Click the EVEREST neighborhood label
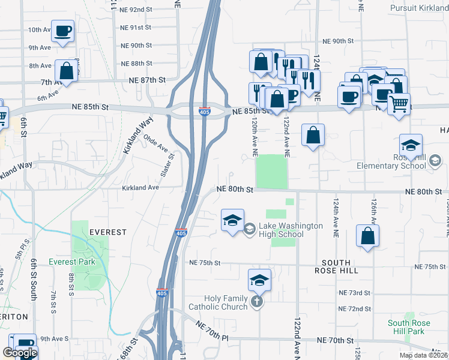[107, 232]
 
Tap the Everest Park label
[72, 262]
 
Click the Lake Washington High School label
[291, 230]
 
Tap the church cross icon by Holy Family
[257, 302]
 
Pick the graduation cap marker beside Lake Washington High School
[232, 220]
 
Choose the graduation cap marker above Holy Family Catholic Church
[259, 280]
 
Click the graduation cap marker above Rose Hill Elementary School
[411, 145]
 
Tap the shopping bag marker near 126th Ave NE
[367, 236]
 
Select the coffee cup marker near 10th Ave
[62, 31]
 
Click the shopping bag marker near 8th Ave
[67, 71]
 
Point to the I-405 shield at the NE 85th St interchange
[204, 112]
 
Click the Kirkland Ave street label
[140, 188]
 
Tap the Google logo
[20, 353]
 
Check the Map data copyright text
[423, 355]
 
